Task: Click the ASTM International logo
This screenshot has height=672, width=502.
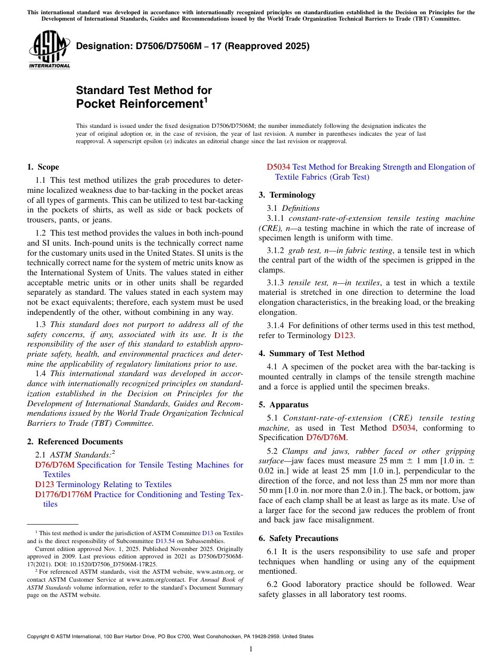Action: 49,50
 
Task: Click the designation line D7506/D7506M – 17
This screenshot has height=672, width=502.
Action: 193,46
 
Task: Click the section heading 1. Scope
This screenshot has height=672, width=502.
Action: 43,167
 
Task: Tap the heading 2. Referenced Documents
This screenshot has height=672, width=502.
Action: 75,442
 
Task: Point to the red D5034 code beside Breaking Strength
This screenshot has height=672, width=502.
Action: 278,167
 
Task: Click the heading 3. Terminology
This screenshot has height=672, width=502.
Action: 287,195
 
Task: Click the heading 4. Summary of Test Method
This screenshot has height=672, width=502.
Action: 312,353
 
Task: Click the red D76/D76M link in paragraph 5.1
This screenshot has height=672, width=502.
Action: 326,437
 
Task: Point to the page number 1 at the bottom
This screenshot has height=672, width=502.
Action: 251,649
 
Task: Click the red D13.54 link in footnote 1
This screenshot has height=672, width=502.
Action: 164,541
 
